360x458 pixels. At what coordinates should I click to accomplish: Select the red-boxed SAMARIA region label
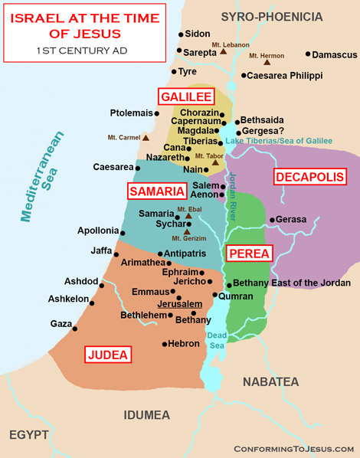coord(156,191)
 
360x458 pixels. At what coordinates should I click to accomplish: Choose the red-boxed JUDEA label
coord(108,355)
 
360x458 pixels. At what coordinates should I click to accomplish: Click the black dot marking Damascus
coord(308,54)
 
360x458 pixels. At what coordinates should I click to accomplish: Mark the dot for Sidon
coord(181,34)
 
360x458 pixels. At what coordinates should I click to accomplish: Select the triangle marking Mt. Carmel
coord(145,138)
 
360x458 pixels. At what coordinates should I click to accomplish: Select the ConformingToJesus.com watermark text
coord(294,448)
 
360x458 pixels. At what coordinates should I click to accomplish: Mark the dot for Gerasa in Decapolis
coord(270,221)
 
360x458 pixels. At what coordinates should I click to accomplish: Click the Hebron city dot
coord(165,344)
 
